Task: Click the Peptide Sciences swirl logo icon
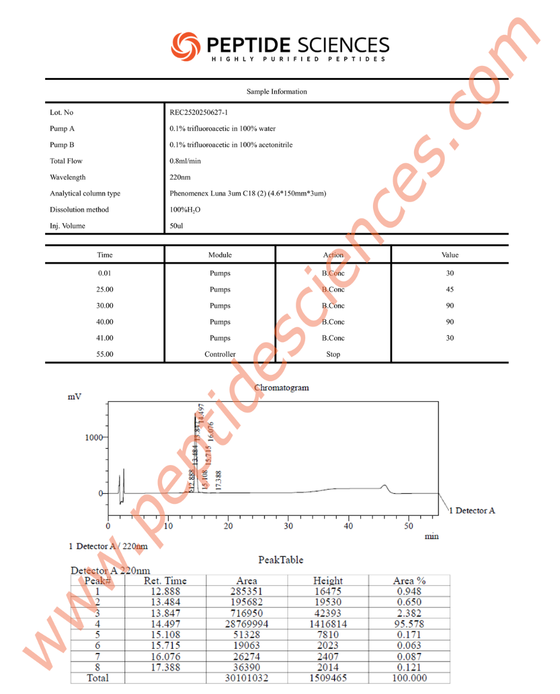coord(185,46)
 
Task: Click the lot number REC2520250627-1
coord(199,113)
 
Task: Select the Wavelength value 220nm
coord(180,178)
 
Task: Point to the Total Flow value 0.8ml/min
coord(185,161)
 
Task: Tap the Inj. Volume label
coord(67,226)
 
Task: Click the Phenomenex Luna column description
coord(247,194)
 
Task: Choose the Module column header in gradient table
coord(220,255)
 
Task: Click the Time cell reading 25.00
coord(105,290)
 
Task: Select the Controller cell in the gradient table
coord(220,355)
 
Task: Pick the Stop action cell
coord(333,355)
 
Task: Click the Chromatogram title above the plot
coord(281,387)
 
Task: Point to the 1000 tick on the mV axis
coord(94,437)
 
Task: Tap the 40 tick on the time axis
coord(348,526)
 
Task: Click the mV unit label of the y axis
coord(75,397)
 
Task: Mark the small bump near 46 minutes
coord(384,486)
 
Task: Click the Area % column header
coord(409,581)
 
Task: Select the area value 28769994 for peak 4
coord(247,624)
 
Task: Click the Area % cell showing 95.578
coord(409,624)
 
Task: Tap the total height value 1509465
coord(328,678)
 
